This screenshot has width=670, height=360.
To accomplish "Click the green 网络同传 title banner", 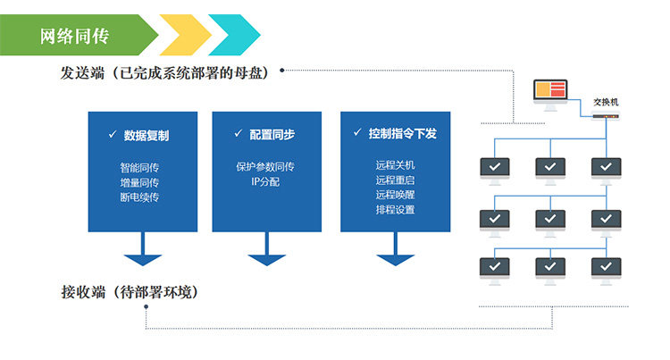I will [x=76, y=36].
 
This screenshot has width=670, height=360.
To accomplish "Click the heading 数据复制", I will [x=147, y=136].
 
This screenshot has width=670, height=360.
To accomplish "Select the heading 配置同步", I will [x=272, y=134].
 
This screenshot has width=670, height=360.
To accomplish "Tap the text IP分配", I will [x=266, y=181].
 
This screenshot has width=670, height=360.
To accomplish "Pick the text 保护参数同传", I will [x=266, y=166].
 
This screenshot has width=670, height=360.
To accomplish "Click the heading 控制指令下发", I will [x=403, y=134].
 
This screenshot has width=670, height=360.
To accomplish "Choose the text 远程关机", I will [x=396, y=165].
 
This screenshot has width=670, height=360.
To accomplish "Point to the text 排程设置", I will [x=396, y=210].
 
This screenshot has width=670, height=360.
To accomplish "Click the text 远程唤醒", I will [x=396, y=195].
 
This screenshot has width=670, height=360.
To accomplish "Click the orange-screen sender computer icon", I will [x=550, y=92].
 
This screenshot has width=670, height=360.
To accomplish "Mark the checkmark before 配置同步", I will [x=239, y=133].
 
